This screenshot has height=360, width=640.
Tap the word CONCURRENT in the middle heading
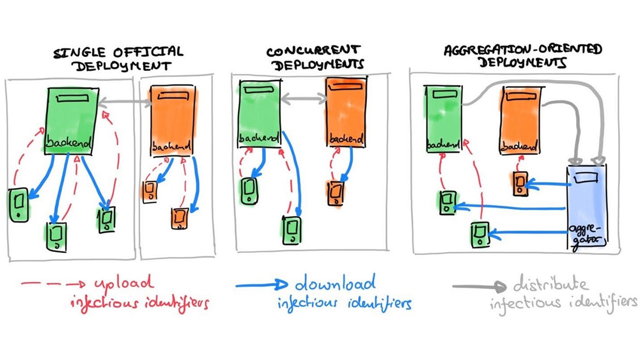tap(313, 51)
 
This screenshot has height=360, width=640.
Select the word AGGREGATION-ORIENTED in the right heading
tap(523, 50)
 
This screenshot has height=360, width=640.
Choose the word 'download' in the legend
tap(335, 283)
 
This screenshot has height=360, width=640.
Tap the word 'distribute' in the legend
tap(550, 284)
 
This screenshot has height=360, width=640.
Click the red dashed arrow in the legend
tap(53, 284)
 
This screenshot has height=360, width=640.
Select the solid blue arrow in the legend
tap(261, 284)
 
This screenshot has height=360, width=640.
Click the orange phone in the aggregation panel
tap(520, 183)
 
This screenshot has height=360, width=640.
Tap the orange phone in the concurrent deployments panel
tap(335, 193)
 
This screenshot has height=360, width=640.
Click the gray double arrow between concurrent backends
tap(303, 99)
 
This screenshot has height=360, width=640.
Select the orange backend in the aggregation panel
tap(520, 120)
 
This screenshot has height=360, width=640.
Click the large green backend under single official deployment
tap(71, 121)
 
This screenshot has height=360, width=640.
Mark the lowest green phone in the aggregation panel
tap(480, 235)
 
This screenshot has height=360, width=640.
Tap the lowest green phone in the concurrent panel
tap(291, 230)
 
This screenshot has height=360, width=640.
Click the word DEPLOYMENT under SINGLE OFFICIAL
tap(123, 67)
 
